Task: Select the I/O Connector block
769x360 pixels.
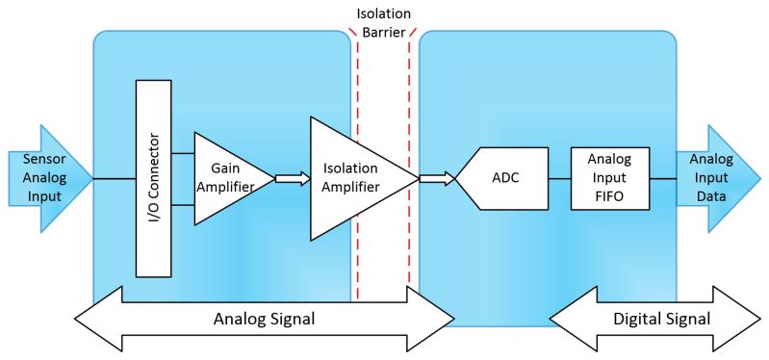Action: (153, 178)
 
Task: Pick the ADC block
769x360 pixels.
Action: (504, 178)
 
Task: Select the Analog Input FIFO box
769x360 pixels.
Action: (608, 178)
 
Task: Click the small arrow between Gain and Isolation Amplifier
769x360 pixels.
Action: (293, 178)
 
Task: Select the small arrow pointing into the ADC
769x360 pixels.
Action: (436, 178)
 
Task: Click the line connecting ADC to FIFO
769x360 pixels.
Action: (559, 178)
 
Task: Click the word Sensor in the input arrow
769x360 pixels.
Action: (33, 161)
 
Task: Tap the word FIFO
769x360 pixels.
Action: (608, 195)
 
